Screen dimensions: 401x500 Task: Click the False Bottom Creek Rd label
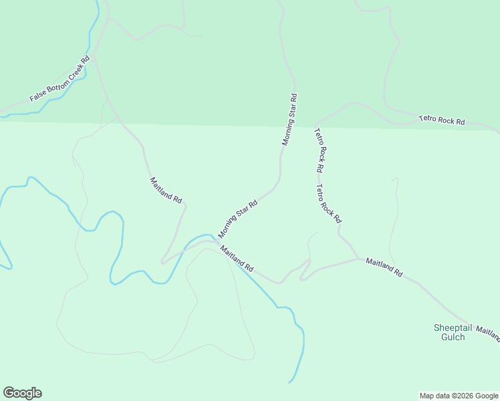click(59, 80)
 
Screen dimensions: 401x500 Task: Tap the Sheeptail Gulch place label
click(453, 332)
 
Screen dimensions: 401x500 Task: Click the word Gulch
click(453, 338)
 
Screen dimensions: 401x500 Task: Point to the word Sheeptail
click(453, 327)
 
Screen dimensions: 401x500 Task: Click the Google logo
click(22, 393)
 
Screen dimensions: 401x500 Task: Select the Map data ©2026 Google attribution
click(459, 396)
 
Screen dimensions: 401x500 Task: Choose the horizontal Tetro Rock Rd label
click(441, 120)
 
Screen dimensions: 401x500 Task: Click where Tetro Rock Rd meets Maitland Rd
click(360, 258)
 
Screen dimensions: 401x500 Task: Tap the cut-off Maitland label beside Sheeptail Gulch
click(489, 333)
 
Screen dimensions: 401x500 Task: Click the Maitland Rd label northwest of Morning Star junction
click(166, 190)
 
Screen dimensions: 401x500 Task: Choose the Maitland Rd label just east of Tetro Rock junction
click(384, 267)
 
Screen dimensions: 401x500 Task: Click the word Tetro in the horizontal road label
click(428, 119)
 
